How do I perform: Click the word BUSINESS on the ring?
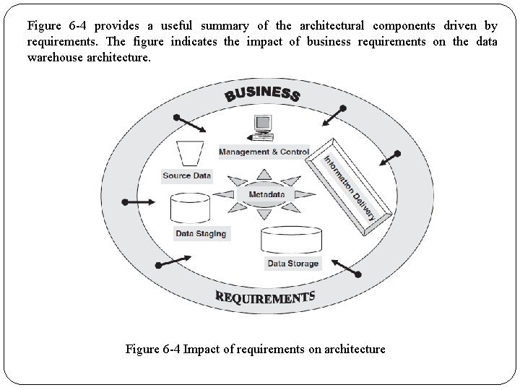tap(262, 94)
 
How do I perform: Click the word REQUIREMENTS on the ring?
tap(265, 297)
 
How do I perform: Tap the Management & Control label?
tap(264, 152)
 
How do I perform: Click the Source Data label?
tap(187, 175)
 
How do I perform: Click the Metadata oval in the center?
tap(266, 194)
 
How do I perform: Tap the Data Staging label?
tap(201, 233)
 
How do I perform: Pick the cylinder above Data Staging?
tap(189, 209)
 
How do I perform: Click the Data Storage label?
tap(292, 264)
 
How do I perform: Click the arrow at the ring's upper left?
tap(190, 123)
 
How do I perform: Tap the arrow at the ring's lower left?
tap(173, 261)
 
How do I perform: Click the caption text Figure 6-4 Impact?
tap(255, 350)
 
